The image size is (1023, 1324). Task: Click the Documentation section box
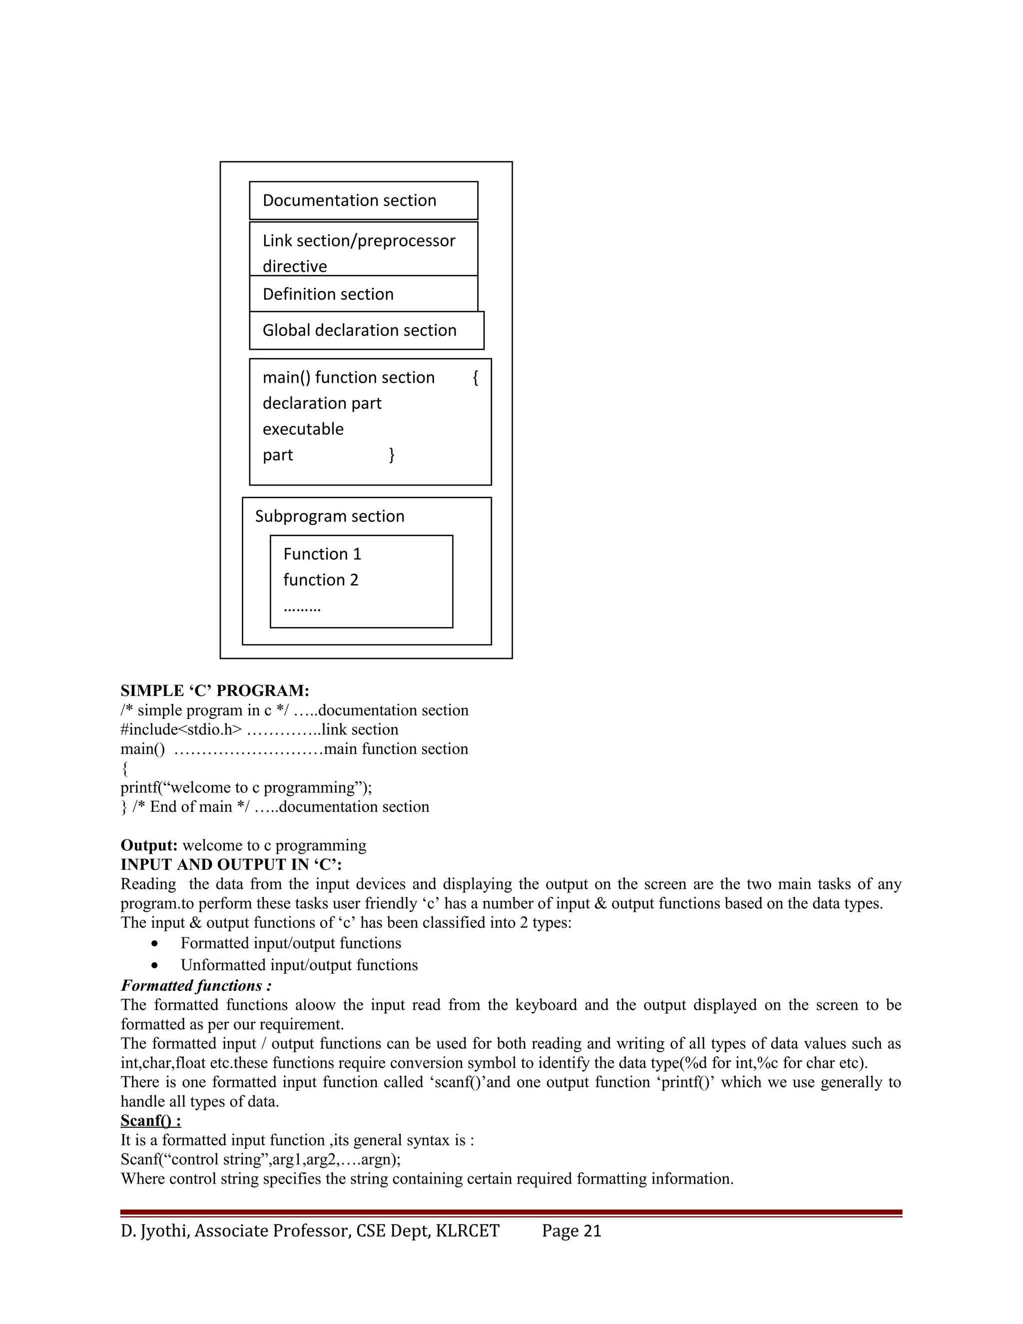[363, 201]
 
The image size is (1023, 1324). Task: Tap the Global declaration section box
[366, 330]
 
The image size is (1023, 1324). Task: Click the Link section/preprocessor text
[358, 241]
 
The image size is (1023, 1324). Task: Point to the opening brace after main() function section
[475, 378]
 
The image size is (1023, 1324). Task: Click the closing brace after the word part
[392, 455]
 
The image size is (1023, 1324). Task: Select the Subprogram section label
[329, 516]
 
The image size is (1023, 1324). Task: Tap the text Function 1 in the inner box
[322, 554]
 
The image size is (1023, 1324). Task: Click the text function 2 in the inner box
[321, 580]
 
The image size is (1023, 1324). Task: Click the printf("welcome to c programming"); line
[246, 787]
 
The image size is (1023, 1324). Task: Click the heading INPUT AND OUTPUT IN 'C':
[231, 864]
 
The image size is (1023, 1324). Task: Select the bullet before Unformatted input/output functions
[156, 965]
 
